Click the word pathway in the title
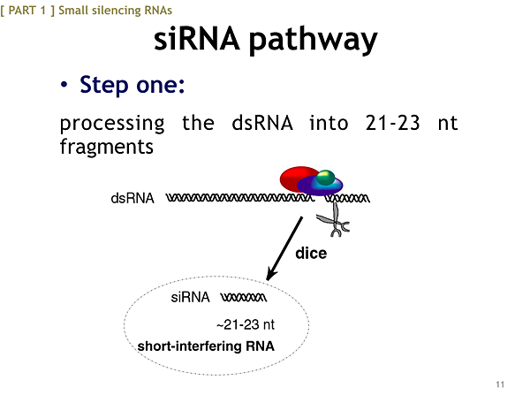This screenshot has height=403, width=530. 314,41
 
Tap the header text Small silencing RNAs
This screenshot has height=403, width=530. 115,11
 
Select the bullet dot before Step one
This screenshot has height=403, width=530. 64,85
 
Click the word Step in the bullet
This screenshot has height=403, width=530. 104,85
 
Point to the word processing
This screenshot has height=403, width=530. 112,124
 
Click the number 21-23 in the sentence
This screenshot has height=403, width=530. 393,122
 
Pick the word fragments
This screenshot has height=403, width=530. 107,148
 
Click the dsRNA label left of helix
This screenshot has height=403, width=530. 132,198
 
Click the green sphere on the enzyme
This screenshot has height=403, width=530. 325,178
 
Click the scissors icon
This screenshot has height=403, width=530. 333,220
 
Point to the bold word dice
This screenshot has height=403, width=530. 311,254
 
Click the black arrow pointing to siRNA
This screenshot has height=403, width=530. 284,248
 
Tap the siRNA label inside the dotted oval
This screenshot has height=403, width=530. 190,298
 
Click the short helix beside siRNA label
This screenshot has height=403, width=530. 244,298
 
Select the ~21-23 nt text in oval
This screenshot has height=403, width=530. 246,325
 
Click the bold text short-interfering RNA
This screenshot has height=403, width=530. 206,346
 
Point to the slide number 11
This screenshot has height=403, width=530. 500,384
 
